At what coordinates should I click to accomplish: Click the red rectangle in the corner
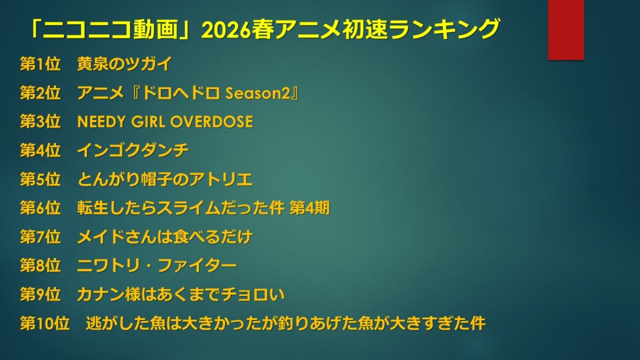point(566,30)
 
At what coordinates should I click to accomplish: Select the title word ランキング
point(444,29)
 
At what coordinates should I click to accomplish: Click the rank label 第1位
point(41,63)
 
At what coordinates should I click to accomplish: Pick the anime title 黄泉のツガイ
point(125,63)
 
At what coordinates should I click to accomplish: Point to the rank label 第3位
point(41,122)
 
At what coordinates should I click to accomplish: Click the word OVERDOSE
point(212,122)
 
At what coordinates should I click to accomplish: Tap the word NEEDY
point(101,122)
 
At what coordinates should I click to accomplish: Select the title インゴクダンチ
point(133,150)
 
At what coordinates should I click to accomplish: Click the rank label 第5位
point(41,179)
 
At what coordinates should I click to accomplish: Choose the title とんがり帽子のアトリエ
point(165,179)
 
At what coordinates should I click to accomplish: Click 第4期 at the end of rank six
point(309,208)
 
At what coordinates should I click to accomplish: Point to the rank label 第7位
point(41,237)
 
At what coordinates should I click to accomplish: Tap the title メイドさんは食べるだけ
point(165,237)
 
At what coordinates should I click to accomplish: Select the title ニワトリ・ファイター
point(157,266)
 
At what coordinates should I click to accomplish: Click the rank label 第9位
point(41,294)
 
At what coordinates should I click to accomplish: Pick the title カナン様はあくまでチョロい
point(181,294)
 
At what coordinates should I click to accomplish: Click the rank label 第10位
point(45,323)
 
